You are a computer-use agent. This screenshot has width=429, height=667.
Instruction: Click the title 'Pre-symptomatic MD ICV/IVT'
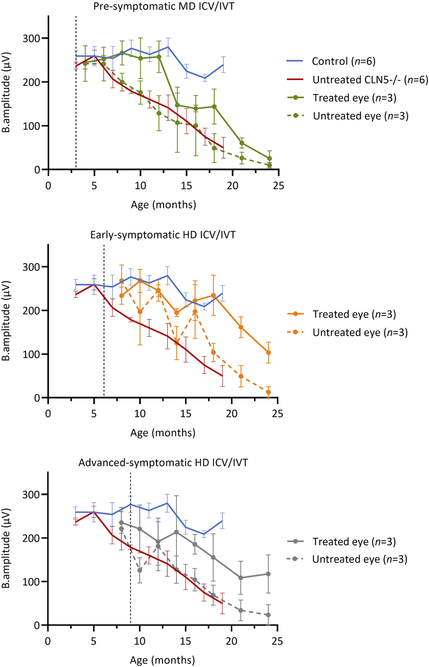coord(164,6)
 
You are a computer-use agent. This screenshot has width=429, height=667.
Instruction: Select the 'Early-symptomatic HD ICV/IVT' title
coord(163,235)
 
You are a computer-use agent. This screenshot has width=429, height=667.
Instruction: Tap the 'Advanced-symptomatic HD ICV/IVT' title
coord(163,463)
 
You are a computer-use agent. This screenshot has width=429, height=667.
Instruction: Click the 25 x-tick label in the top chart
coord(278,186)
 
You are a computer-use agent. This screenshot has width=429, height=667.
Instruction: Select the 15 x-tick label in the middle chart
coord(186,414)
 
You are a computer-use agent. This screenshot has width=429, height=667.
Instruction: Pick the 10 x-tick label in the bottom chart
coord(139,642)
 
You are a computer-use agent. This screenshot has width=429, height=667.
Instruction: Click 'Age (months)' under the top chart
coord(164,204)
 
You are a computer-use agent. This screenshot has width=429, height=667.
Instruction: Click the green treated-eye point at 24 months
coord(269,158)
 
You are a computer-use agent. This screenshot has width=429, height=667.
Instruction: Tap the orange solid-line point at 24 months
coord(268,352)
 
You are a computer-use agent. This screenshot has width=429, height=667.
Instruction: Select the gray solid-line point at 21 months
coord(240,578)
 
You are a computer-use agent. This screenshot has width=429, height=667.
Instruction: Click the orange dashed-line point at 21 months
coord(241,377)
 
